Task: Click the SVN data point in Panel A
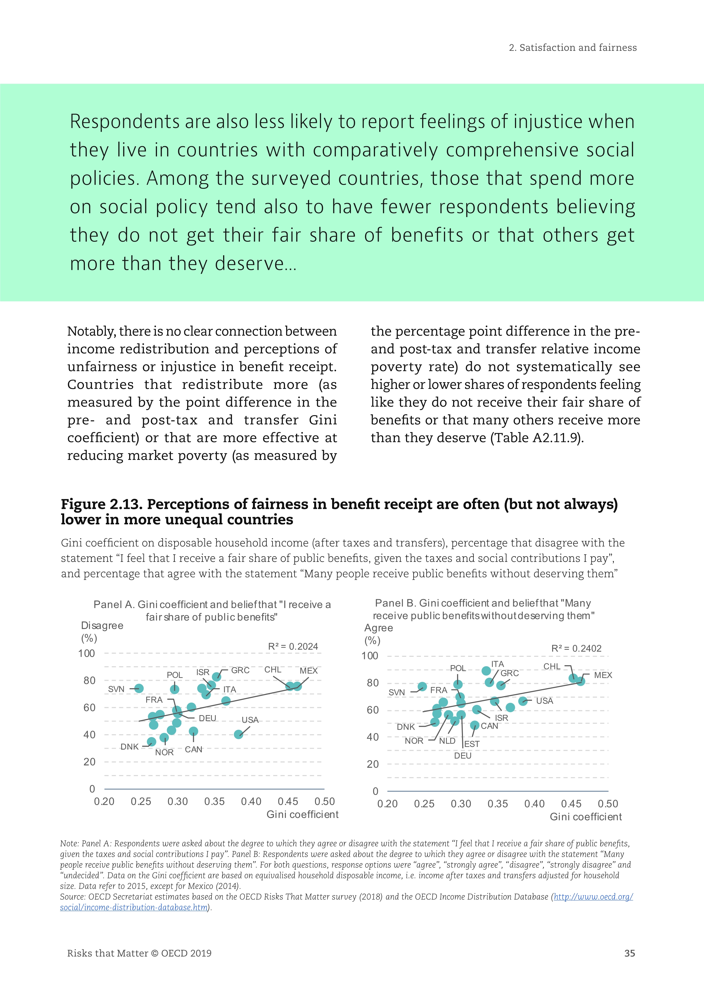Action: tap(139, 688)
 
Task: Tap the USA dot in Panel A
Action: tap(238, 734)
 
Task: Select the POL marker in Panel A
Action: tap(175, 689)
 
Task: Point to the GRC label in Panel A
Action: tap(240, 670)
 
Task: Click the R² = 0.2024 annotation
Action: tap(293, 646)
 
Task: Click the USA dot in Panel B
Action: tap(523, 701)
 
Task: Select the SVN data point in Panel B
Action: tap(422, 687)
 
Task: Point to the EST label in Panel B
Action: tap(472, 744)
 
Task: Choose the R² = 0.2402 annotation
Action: tap(576, 649)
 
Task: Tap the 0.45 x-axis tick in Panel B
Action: tap(571, 804)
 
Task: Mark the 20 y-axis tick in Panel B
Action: tap(372, 764)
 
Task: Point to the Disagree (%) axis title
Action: tap(102, 632)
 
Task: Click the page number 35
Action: tap(629, 953)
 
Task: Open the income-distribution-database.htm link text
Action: tap(134, 907)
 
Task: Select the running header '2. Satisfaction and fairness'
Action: tap(573, 48)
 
